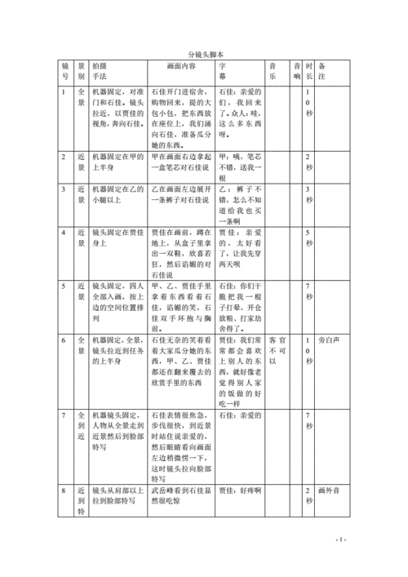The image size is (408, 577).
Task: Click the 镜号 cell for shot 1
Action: (64, 92)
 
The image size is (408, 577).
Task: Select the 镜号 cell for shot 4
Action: (64, 233)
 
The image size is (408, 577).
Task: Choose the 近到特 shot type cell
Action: (81, 477)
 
